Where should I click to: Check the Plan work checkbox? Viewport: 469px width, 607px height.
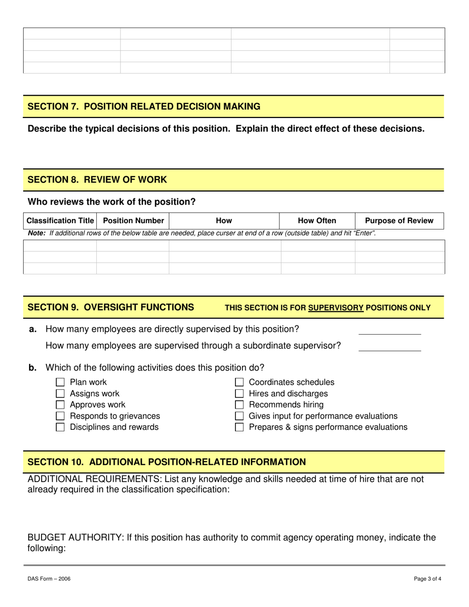tap(60, 382)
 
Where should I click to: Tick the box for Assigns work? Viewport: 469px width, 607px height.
tap(60, 394)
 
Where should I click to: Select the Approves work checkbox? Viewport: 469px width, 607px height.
tap(60, 405)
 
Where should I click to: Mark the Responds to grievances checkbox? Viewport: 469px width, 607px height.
tap(60, 416)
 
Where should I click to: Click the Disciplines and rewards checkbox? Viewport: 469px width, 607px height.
tap(60, 427)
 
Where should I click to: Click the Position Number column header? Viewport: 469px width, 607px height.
tap(133, 221)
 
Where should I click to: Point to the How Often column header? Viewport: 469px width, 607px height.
tap(317, 221)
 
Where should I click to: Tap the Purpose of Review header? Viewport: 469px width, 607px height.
tap(400, 221)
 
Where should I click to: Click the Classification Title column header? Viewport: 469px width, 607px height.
tap(60, 221)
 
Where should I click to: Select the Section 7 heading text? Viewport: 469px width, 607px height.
tap(144, 106)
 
